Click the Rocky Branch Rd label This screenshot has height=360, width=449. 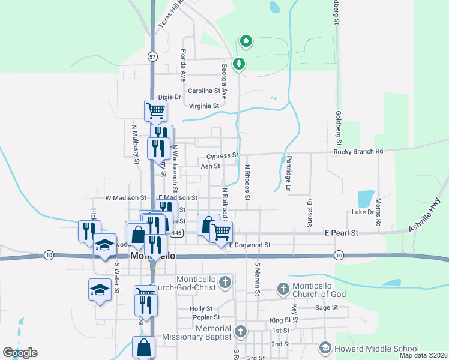coord(358,151)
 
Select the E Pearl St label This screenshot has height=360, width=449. coord(341,233)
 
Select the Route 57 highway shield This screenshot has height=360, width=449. coord(153,56)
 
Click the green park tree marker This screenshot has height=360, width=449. coord(239,63)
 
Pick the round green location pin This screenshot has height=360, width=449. coord(246,41)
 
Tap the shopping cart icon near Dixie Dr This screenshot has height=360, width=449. coord(155,110)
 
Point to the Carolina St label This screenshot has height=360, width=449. coord(204,91)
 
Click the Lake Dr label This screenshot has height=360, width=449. coord(363,212)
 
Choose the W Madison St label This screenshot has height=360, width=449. coord(126,197)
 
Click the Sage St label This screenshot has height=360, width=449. coord(327,307)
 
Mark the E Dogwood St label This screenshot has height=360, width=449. coord(250,245)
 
